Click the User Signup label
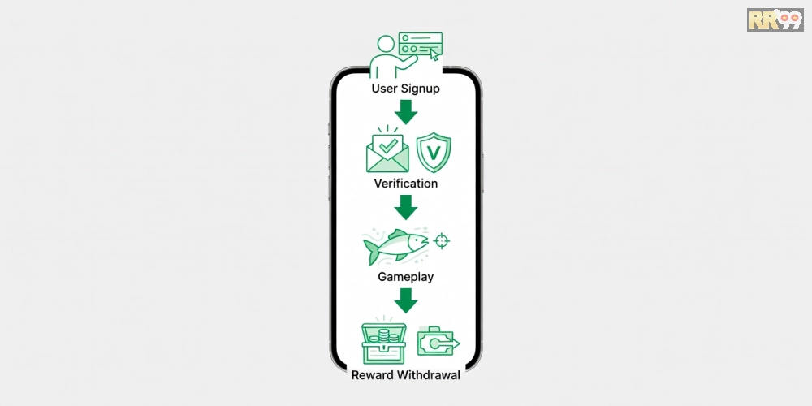pyautogui.click(x=405, y=89)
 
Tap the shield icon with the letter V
pyautogui.click(x=434, y=153)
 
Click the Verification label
pyautogui.click(x=405, y=184)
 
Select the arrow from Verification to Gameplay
pyautogui.click(x=406, y=207)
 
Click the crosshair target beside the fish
pyautogui.click(x=442, y=240)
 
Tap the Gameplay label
pyautogui.click(x=405, y=277)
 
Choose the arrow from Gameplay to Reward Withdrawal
pyautogui.click(x=406, y=300)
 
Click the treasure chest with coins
pyautogui.click(x=383, y=343)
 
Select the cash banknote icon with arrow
pyautogui.click(x=437, y=342)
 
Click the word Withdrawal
pyautogui.click(x=430, y=375)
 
